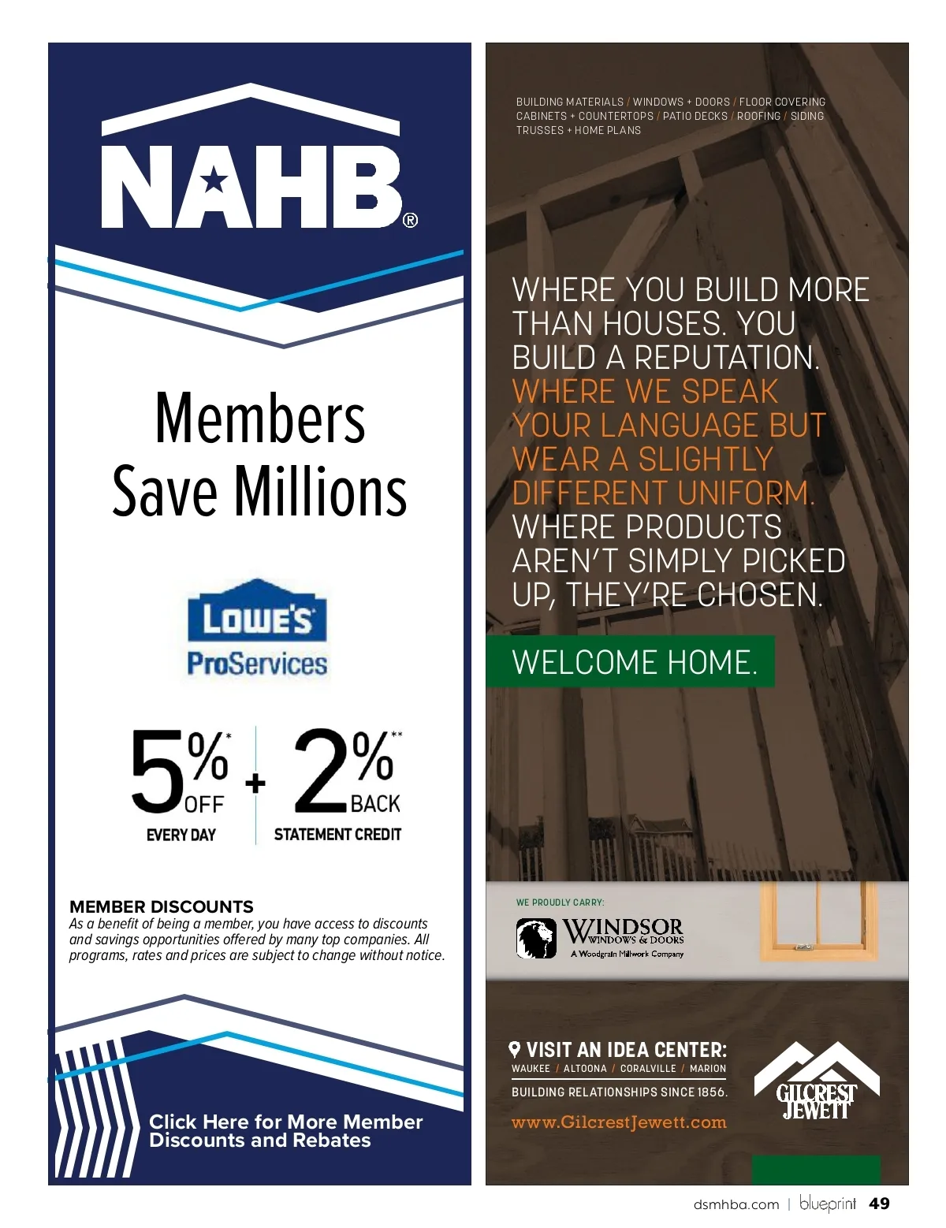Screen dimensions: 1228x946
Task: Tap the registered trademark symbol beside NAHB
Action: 410,220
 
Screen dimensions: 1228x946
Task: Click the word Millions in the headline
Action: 321,492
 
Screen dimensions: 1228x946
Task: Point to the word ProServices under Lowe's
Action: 257,664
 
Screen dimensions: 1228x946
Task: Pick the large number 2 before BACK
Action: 320,771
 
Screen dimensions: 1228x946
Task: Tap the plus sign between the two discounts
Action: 255,783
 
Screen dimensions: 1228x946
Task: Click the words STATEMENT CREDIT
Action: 337,834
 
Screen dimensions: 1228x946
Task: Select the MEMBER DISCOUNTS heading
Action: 162,906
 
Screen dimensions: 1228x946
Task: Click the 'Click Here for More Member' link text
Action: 285,1122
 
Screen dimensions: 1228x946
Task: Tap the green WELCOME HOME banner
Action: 631,662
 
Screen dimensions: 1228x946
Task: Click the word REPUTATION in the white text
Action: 726,358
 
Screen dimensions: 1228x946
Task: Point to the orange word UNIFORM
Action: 745,493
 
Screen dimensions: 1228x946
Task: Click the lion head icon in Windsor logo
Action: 536,938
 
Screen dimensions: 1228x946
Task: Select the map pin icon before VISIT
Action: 515,1049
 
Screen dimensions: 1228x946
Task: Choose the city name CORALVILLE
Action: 648,1069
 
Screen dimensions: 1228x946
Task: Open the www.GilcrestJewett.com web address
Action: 619,1122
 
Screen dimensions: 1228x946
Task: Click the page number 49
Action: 879,1204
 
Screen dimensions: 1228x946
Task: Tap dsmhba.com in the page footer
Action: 736,1204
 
